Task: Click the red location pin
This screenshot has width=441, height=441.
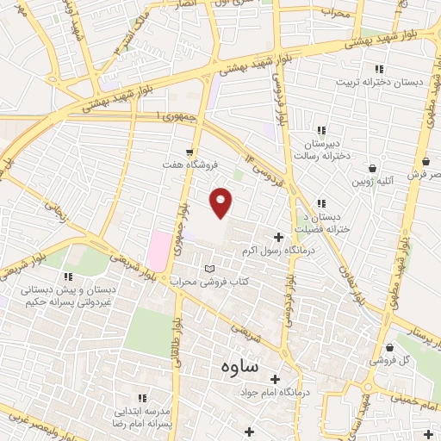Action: [x=221, y=202]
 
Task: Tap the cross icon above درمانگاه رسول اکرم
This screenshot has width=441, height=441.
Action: [x=277, y=237]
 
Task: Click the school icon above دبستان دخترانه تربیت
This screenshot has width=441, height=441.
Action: [x=376, y=69]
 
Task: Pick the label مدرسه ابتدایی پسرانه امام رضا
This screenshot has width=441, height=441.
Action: [x=142, y=419]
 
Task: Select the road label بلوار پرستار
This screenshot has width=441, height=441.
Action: [x=418, y=327]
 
